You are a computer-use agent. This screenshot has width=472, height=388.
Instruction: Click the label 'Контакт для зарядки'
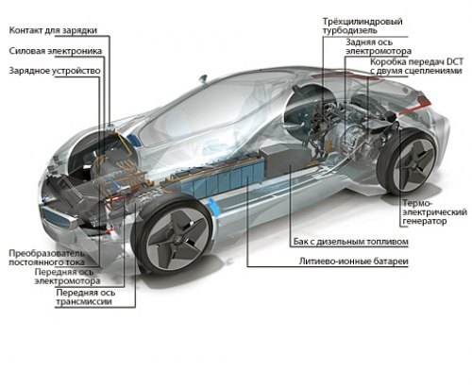pyautogui.click(x=53, y=30)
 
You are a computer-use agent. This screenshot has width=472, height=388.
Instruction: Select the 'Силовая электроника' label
pyautogui.click(x=56, y=51)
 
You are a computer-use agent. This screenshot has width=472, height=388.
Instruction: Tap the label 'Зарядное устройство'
pyautogui.click(x=55, y=71)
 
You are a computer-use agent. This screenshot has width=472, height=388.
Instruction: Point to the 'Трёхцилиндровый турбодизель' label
pyautogui.click(x=362, y=26)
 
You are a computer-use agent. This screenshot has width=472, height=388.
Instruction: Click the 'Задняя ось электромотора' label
pyautogui.click(x=379, y=46)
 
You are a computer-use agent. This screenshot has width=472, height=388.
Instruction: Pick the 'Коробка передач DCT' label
pyautogui.click(x=416, y=61)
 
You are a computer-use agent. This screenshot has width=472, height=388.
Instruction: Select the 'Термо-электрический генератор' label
pyautogui.click(x=434, y=212)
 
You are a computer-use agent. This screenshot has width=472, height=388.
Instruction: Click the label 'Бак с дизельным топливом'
pyautogui.click(x=351, y=242)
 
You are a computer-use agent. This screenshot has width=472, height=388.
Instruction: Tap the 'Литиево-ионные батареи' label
pyautogui.click(x=354, y=261)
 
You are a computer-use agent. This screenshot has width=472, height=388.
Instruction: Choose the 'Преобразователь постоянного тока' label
pyautogui.click(x=46, y=258)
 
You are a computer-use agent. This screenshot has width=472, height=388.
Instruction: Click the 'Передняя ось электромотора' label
pyautogui.click(x=67, y=277)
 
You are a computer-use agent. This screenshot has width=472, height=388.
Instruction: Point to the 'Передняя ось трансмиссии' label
pyautogui.click(x=86, y=297)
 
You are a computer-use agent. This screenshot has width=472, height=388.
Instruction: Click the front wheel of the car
pyautogui.click(x=174, y=235)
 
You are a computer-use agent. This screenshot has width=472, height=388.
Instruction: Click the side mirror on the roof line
pyautogui.click(x=203, y=78)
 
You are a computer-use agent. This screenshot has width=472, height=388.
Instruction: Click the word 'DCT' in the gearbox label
pyautogui.click(x=455, y=61)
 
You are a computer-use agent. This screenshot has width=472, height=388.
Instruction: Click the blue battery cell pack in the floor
pyautogui.click(x=223, y=179)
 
